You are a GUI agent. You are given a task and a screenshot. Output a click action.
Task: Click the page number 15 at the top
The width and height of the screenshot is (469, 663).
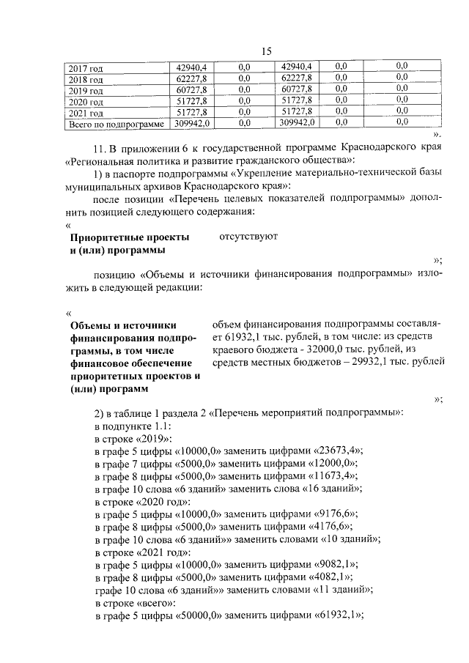[266, 51]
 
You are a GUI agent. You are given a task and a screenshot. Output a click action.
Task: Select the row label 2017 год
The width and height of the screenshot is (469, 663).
[86, 68]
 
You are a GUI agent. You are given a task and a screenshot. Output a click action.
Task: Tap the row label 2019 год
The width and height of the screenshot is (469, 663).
[86, 91]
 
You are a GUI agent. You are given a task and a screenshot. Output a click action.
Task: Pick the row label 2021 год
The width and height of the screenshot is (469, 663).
[86, 113]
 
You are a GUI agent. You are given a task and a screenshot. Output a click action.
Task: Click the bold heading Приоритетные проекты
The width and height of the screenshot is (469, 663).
[129, 238]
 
